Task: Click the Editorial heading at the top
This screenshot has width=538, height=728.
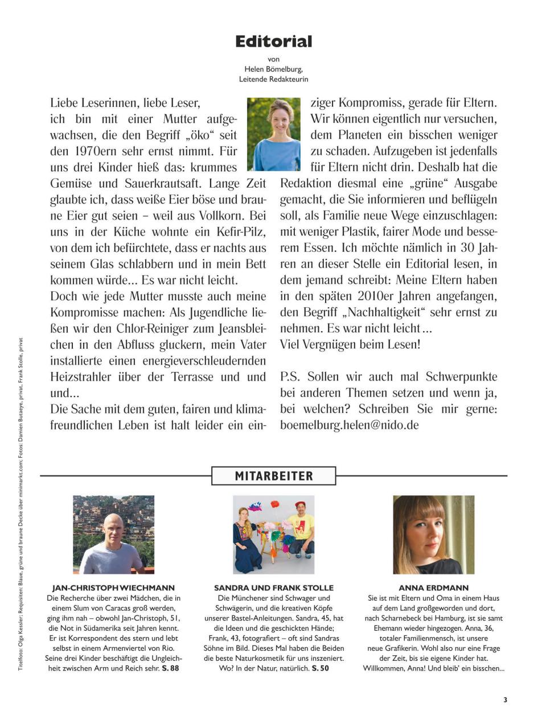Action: (x=274, y=42)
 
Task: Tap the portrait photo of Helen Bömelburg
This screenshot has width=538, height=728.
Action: (x=274, y=134)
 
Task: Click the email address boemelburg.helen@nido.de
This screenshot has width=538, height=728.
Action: (x=349, y=425)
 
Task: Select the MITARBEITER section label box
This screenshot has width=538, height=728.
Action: (x=274, y=476)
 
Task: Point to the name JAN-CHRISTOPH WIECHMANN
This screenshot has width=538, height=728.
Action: (x=113, y=588)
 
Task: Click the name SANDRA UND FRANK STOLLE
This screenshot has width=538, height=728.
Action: (x=274, y=588)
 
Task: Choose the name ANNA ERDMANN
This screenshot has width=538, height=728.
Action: (x=434, y=588)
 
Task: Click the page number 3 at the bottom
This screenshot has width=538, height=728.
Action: (x=505, y=700)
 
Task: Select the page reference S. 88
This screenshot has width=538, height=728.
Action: (x=170, y=668)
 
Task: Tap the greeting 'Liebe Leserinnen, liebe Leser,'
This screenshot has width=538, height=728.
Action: (x=125, y=103)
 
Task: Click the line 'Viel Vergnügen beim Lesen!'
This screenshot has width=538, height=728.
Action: (x=350, y=344)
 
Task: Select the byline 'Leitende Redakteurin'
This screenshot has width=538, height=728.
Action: (x=274, y=79)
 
